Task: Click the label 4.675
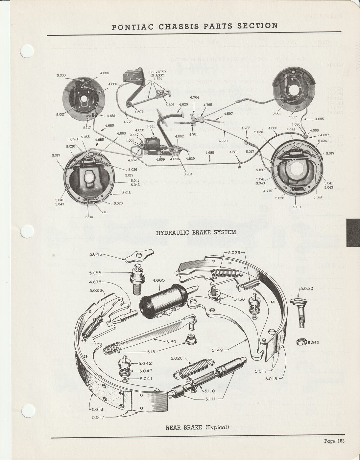(95, 282)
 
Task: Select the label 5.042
(145, 363)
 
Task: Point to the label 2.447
(134, 135)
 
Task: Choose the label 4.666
(105, 73)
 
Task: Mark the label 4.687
(324, 135)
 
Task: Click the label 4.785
(246, 128)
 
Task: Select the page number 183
(340, 441)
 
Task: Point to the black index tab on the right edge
(353, 233)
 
